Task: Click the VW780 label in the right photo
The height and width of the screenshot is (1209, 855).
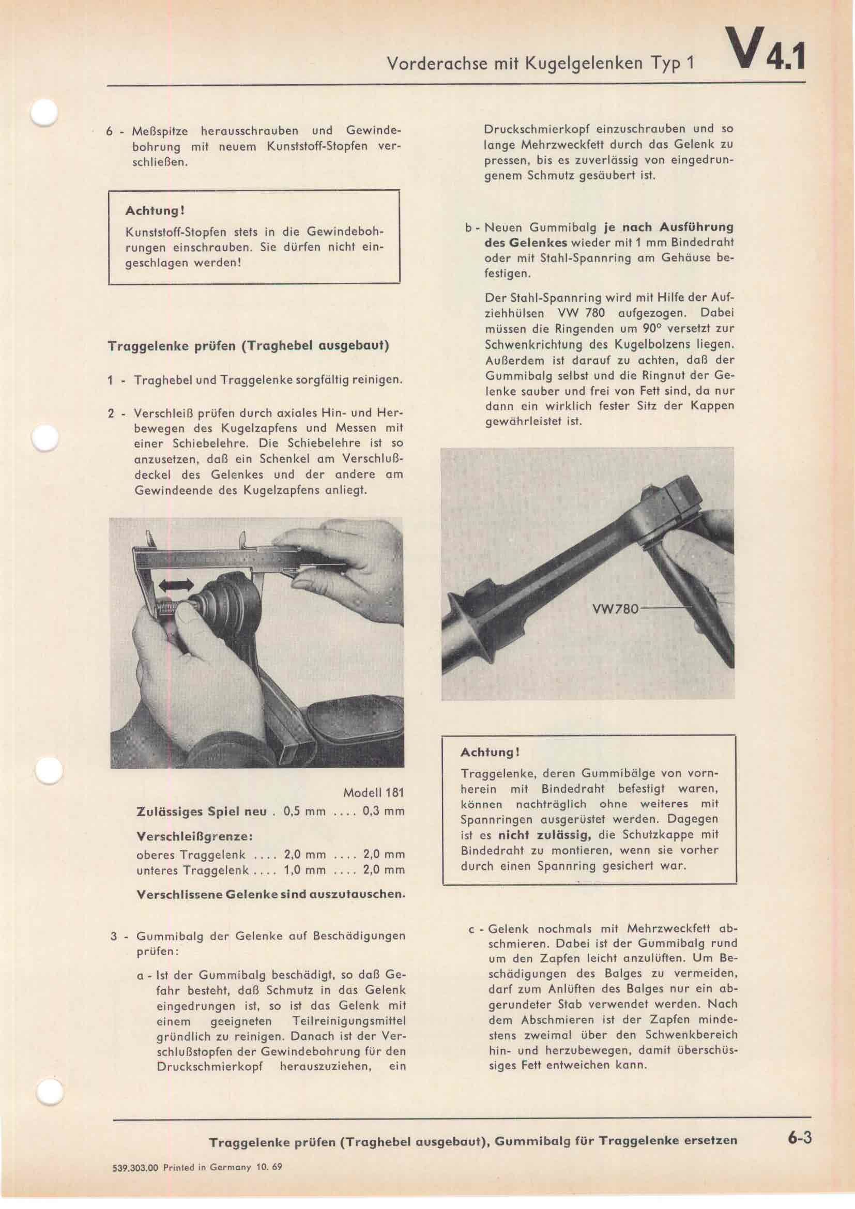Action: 615,609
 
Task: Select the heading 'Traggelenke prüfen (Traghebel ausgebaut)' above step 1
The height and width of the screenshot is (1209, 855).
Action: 249,346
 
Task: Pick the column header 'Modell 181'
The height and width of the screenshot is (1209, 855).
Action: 373,792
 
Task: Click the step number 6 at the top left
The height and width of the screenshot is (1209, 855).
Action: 109,131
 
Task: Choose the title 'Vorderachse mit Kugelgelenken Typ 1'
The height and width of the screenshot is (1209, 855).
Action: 540,63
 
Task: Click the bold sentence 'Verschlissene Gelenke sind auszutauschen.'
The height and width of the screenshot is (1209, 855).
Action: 270,895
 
